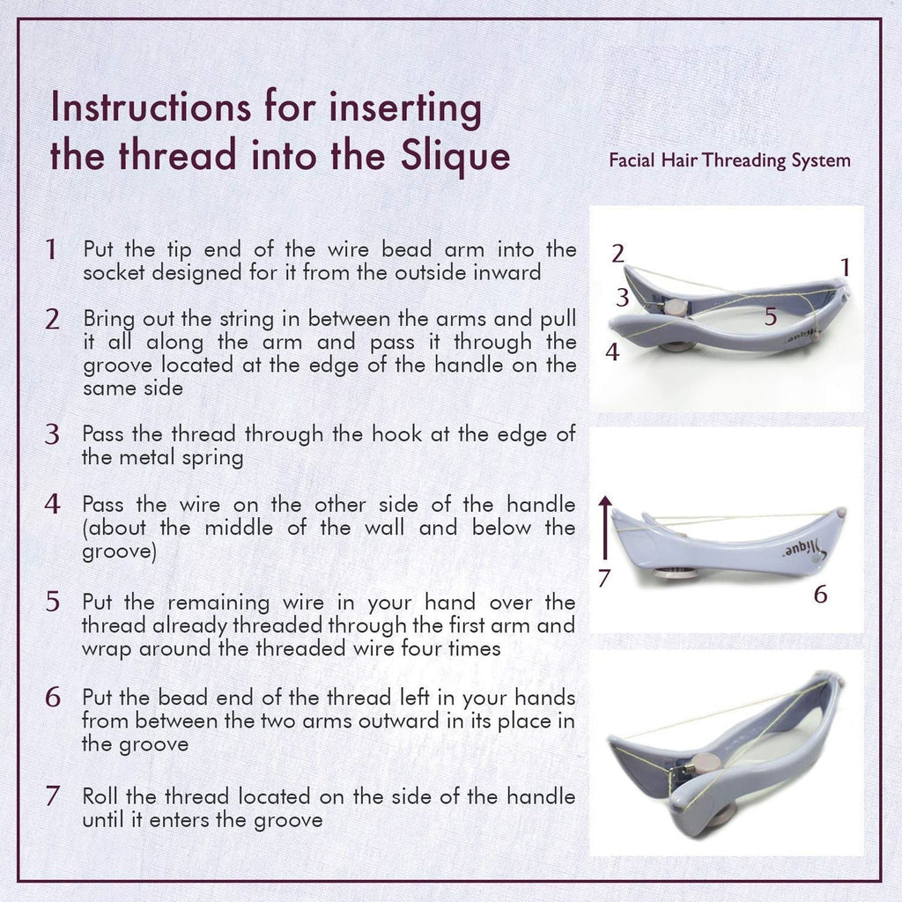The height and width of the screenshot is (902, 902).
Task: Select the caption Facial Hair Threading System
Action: (x=729, y=160)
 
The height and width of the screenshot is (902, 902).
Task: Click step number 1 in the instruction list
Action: (x=52, y=250)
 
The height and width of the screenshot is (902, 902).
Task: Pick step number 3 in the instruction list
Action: (x=52, y=434)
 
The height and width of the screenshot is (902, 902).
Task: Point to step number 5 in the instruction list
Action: (x=52, y=603)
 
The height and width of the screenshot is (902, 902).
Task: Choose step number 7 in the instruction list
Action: (x=52, y=796)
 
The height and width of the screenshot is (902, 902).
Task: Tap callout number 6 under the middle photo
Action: (x=820, y=595)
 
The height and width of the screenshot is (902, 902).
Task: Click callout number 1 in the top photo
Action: (x=845, y=266)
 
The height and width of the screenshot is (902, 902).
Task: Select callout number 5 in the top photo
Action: (x=770, y=317)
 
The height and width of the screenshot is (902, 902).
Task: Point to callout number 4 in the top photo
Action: (x=611, y=352)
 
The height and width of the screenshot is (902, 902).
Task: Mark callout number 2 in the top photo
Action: (x=618, y=254)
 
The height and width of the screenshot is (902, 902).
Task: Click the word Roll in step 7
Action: (x=100, y=796)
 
